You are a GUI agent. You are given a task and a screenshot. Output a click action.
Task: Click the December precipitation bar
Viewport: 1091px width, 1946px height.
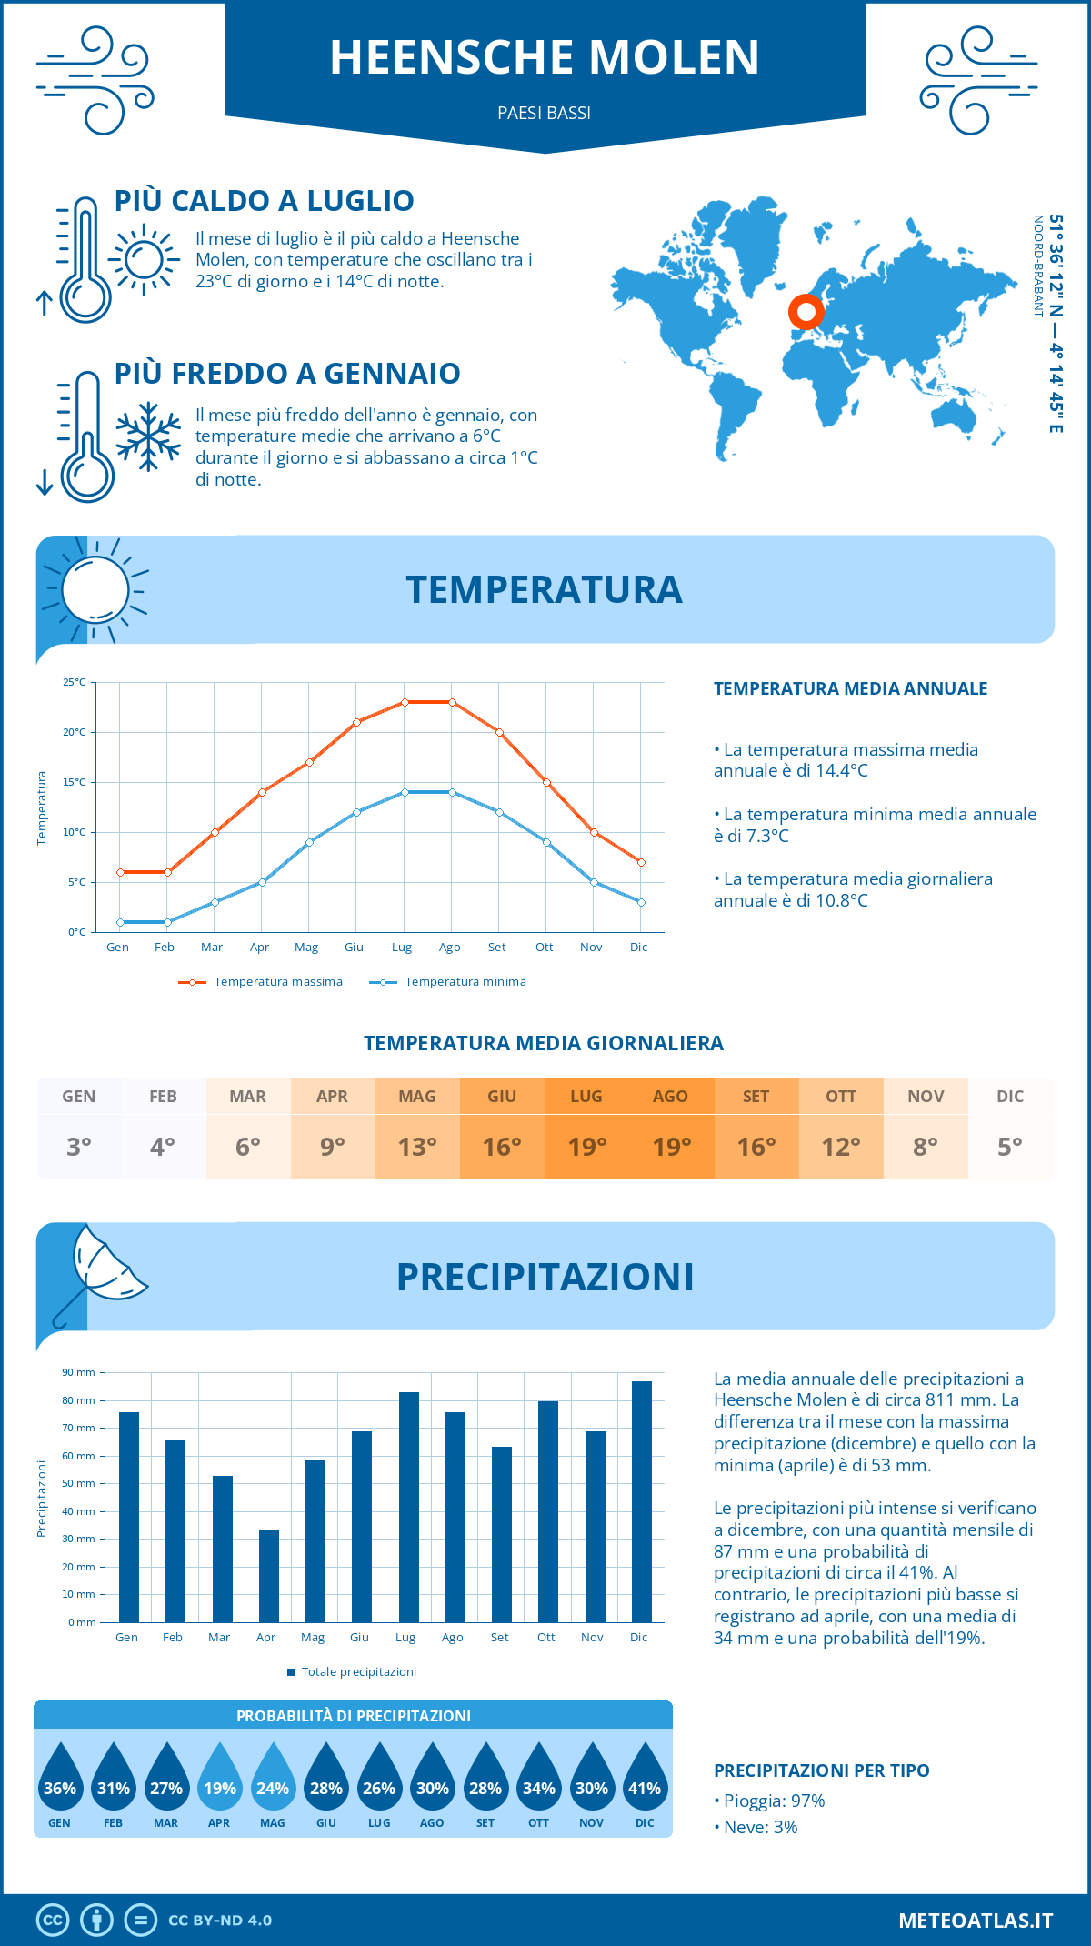[642, 1501]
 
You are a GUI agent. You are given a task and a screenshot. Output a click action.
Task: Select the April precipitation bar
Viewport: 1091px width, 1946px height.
[269, 1575]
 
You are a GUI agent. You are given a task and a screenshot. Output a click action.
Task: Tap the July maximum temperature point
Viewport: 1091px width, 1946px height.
[405, 702]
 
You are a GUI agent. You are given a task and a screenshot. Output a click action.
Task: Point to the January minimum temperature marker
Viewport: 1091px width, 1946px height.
[120, 922]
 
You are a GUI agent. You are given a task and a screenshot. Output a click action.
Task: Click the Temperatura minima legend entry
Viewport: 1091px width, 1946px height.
[448, 982]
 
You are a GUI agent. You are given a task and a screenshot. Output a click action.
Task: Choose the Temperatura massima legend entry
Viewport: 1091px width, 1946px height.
[261, 982]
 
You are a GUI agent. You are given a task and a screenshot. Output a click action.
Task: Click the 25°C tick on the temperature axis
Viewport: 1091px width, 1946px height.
[75, 682]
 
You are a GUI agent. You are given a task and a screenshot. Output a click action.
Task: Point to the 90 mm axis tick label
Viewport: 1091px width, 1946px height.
[79, 1372]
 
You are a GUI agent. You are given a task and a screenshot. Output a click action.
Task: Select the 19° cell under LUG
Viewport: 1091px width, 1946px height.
[586, 1147]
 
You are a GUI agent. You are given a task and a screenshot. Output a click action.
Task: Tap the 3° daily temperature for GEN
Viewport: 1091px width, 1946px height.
[79, 1147]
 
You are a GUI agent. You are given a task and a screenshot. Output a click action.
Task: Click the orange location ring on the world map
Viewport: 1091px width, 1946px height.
[806, 311]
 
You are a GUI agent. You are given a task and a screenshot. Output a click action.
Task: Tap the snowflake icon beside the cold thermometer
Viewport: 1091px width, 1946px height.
[148, 436]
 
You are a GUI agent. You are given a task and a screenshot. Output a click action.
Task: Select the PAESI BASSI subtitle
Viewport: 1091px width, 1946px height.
[545, 113]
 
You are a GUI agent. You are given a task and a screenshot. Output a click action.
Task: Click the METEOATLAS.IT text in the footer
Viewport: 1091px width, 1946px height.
[976, 1921]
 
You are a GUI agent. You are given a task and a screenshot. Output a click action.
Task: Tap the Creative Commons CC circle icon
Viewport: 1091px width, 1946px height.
[53, 1921]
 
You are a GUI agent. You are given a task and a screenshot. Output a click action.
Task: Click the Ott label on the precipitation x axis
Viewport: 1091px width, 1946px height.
[546, 1637]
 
